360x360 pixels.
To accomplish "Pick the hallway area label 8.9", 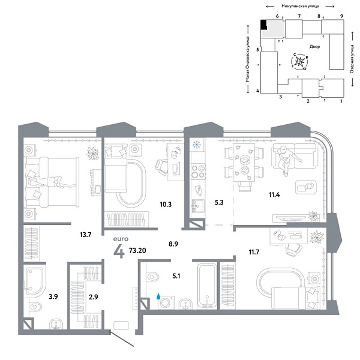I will tap(173, 245).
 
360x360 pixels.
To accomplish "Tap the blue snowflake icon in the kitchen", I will tap(196, 145).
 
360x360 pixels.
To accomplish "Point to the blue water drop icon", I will tap(158, 296).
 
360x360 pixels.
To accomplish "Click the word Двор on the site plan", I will tap(314, 46).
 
